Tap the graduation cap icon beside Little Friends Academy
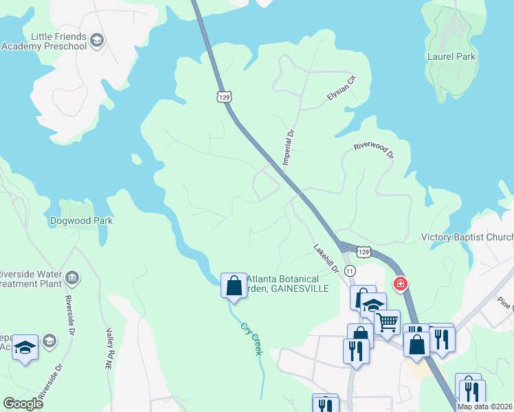pyautogui.click(x=97, y=41)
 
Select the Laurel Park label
pyautogui.click(x=451, y=56)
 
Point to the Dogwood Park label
pyautogui.click(x=81, y=221)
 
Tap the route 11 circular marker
pyautogui.click(x=350, y=271)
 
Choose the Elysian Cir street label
pyautogui.click(x=342, y=89)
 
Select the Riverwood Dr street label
pyautogui.click(x=373, y=150)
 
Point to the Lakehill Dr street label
pyautogui.click(x=326, y=259)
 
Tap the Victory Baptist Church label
pyautogui.click(x=467, y=238)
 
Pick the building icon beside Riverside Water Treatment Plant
pyautogui.click(x=72, y=278)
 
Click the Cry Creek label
pyautogui.click(x=252, y=339)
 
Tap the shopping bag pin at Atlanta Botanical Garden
pyautogui.click(x=234, y=285)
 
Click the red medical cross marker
pyautogui.click(x=399, y=283)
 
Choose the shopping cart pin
pyautogui.click(x=388, y=321)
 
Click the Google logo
pyautogui.click(x=23, y=404)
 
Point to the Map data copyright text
pyautogui.click(x=485, y=407)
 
